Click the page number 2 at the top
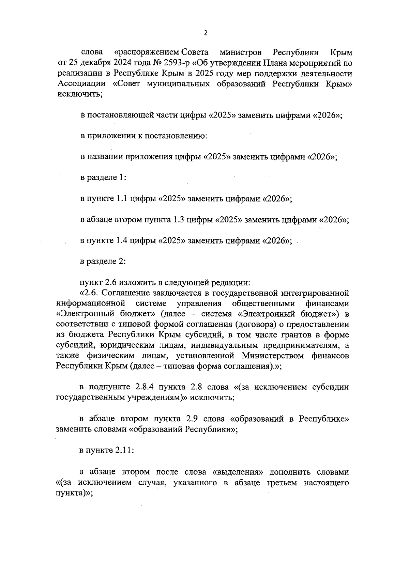[205, 33]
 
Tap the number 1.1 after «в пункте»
[122, 199]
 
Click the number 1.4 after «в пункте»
[122, 241]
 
